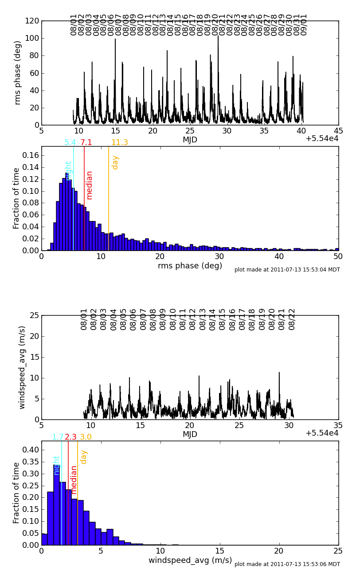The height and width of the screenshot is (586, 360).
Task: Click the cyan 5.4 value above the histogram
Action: (70, 143)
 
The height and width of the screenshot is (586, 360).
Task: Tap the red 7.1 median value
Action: (86, 143)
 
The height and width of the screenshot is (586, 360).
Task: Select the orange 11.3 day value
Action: (119, 143)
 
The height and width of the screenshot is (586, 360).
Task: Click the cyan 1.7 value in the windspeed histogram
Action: (58, 437)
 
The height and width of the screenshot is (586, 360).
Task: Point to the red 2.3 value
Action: (70, 437)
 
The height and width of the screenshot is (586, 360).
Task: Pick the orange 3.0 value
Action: (86, 437)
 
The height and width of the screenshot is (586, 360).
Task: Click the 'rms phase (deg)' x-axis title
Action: (190, 266)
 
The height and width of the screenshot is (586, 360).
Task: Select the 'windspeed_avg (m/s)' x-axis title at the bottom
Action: (190, 561)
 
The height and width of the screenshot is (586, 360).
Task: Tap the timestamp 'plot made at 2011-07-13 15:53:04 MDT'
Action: (287, 270)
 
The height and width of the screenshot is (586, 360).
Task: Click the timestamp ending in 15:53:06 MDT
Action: (287, 564)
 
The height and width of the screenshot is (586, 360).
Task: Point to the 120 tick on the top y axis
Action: (32, 21)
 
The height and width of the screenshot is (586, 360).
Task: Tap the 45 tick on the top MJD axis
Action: (338, 131)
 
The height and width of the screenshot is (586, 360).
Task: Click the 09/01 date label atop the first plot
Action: (304, 25)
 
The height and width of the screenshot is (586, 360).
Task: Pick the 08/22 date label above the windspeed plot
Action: (292, 319)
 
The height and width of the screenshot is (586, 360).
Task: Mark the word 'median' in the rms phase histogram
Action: (90, 185)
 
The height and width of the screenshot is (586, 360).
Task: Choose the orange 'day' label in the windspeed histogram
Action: (84, 457)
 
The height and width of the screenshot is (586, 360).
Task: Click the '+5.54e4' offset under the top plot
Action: (322, 139)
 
